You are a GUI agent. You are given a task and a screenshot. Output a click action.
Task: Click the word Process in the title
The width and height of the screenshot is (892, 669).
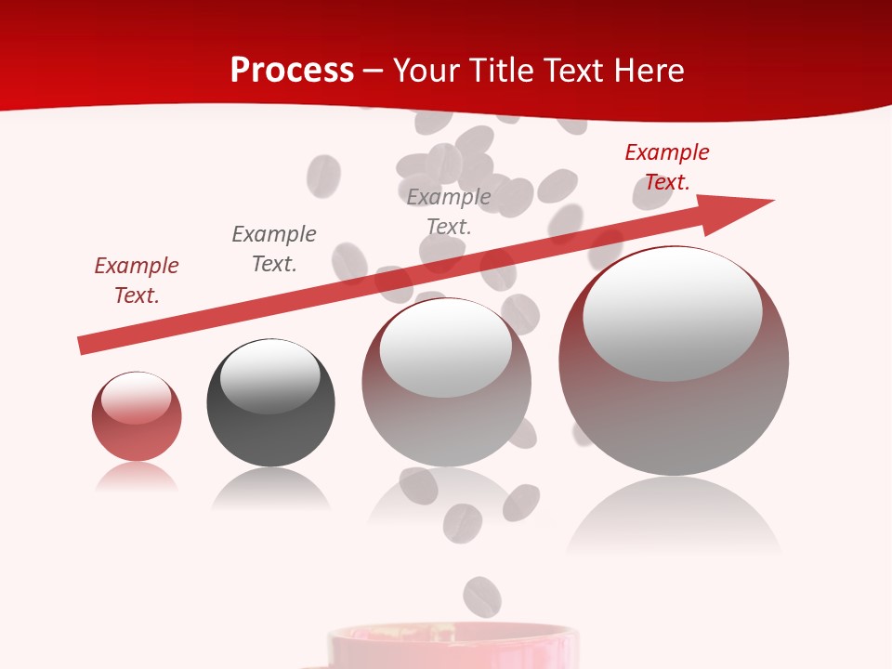coord(292,71)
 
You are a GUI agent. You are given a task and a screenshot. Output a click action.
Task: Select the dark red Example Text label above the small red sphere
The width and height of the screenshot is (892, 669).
coord(137,281)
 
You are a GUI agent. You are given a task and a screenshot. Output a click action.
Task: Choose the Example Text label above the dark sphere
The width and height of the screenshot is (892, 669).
coord(274,249)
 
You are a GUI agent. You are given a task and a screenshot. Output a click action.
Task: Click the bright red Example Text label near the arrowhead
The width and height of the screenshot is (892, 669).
coord(667,167)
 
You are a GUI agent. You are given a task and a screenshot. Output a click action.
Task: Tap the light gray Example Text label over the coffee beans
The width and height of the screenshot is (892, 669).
coord(449,212)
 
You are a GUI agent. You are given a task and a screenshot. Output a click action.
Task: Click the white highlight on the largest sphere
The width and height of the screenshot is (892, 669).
coord(672,311)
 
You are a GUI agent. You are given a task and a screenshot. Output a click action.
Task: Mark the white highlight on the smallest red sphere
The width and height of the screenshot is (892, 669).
coord(136,398)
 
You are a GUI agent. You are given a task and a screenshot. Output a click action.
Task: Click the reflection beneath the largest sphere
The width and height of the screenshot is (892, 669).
coord(674,516)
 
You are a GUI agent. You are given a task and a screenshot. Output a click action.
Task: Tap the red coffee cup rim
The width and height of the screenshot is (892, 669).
coord(453,636)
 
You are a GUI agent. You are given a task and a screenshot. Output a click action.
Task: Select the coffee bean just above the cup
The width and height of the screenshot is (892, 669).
coord(481,596)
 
